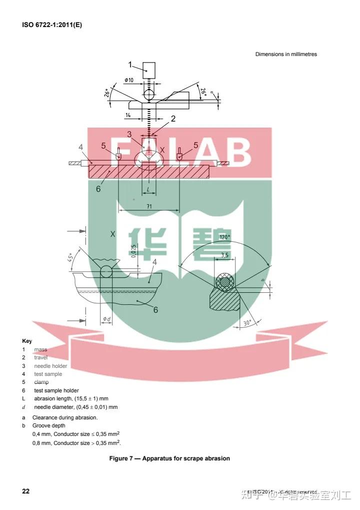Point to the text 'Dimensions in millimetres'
pyautogui.click(x=286, y=54)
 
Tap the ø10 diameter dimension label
pyautogui.click(x=128, y=81)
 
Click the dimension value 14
pyautogui.click(x=128, y=116)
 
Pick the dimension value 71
pyautogui.click(x=149, y=206)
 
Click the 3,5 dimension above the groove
pyautogui.click(x=224, y=255)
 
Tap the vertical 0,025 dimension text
pyautogui.click(x=134, y=253)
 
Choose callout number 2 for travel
pyautogui.click(x=173, y=119)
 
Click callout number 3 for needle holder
pyautogui.click(x=129, y=134)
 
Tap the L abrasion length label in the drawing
pyautogui.click(x=148, y=190)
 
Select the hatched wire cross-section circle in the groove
pyautogui.click(x=224, y=282)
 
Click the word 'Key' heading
pyautogui.click(x=27, y=341)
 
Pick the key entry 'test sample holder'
pyautogui.click(x=56, y=390)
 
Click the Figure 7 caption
pyautogui.click(x=169, y=458)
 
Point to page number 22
pyautogui.click(x=25, y=491)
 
